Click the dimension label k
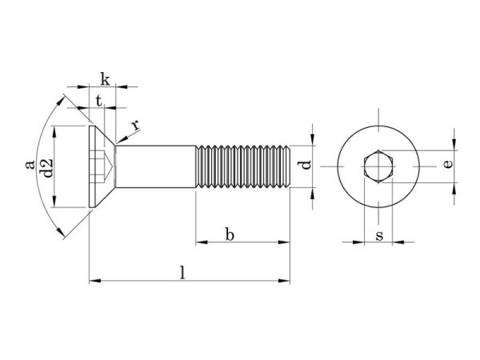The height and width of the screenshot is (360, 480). click(x=105, y=78)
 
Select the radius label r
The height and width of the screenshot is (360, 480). click(x=136, y=126)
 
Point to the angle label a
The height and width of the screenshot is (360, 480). click(x=30, y=165)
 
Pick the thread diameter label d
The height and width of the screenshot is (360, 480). click(x=304, y=166)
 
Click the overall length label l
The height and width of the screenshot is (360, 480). click(x=183, y=272)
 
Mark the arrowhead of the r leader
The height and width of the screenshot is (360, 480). click(x=119, y=142)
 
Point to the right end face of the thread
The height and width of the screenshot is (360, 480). click(x=289, y=166)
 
